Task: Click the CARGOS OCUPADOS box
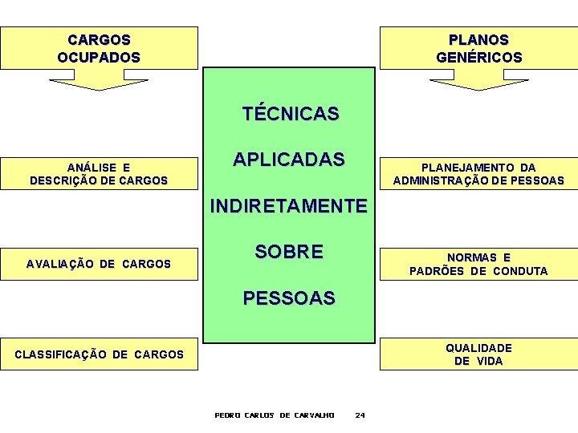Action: point(99,48)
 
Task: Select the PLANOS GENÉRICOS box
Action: point(478,48)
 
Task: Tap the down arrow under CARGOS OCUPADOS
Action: point(99,80)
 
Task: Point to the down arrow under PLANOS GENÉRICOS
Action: point(478,80)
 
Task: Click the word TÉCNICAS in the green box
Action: point(291,114)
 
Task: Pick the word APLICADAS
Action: point(289,159)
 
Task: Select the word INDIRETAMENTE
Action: point(288,206)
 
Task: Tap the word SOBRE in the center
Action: point(289,252)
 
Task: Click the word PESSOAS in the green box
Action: point(289,298)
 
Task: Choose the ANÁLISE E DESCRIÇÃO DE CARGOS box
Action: point(99,174)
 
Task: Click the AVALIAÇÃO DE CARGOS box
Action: point(99,264)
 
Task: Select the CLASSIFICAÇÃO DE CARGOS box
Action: point(99,354)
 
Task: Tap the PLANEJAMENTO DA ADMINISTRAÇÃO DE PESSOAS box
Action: point(478,174)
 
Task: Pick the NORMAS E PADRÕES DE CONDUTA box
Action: point(478,264)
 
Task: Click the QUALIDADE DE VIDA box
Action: point(478,354)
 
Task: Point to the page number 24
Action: point(360,415)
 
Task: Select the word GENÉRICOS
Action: point(478,58)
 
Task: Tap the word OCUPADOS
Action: point(99,58)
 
